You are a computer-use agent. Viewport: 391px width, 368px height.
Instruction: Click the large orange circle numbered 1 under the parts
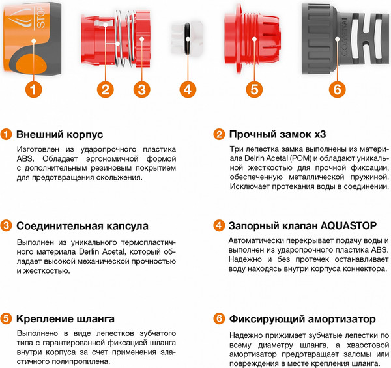[34, 90]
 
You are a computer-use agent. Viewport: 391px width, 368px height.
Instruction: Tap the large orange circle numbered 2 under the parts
[105, 90]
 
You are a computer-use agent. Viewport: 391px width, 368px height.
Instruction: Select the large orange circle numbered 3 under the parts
[141, 90]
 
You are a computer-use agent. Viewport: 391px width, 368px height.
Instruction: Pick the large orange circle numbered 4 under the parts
[188, 90]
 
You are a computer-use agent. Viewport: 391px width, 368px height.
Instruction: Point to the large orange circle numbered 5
[254, 90]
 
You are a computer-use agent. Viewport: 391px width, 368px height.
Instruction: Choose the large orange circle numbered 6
[337, 90]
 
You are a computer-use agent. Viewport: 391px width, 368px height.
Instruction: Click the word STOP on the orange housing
[41, 17]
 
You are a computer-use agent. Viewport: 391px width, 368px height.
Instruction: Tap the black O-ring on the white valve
[187, 38]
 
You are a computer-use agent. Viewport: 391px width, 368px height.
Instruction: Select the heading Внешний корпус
[59, 135]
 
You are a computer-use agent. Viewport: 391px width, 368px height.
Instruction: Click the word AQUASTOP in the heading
[349, 226]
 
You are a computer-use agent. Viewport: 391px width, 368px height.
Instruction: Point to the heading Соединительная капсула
[82, 226]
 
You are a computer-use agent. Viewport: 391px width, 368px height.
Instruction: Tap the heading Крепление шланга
[65, 319]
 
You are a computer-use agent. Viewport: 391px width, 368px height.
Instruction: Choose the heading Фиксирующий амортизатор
[302, 319]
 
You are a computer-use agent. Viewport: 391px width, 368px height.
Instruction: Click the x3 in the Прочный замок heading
[320, 135]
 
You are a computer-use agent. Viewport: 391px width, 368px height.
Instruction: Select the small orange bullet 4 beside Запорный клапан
[219, 225]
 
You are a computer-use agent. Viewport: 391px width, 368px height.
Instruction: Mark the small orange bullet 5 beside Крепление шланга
[6, 318]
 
